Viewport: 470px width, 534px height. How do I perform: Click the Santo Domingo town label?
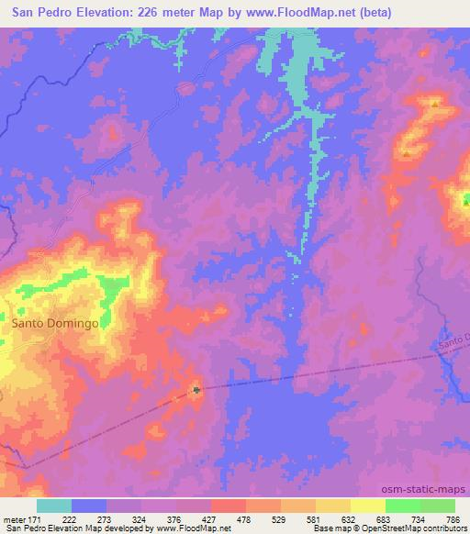click(x=53, y=323)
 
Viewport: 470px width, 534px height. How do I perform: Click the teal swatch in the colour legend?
click(x=54, y=506)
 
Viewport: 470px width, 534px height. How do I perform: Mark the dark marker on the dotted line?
click(x=196, y=390)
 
